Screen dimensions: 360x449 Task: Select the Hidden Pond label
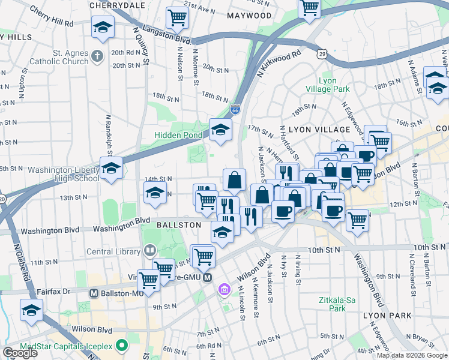(x=178, y=135)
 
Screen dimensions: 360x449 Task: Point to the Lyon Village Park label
(x=327, y=85)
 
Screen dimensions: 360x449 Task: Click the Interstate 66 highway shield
(x=235, y=110)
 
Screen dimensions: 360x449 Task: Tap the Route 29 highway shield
(x=323, y=54)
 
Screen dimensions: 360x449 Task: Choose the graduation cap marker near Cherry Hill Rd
(x=103, y=28)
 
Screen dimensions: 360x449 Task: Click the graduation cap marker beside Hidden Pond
(x=220, y=130)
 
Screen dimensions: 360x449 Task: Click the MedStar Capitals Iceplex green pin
(x=122, y=346)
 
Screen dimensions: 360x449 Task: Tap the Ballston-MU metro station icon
(x=94, y=293)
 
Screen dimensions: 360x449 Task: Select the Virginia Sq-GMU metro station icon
(x=207, y=277)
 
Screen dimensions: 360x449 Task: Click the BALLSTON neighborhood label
(x=178, y=224)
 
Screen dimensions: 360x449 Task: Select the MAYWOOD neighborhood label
(x=249, y=15)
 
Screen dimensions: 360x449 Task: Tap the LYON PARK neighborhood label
(x=387, y=315)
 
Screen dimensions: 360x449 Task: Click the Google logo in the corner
(x=20, y=352)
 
